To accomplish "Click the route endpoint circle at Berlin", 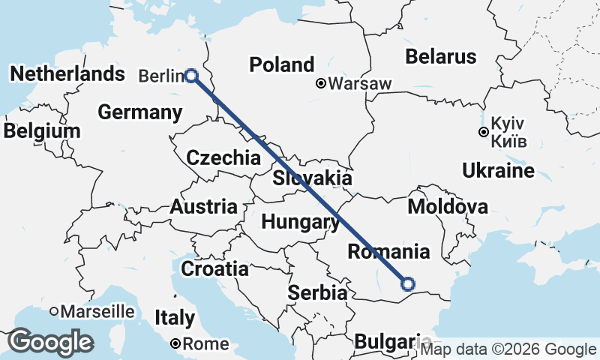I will click(x=191, y=75).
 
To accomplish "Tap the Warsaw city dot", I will click(x=321, y=83).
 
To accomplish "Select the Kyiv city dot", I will click(x=484, y=133).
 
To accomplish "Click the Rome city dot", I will click(x=175, y=343).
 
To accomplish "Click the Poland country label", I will click(x=281, y=64).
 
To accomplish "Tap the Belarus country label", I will click(x=440, y=56).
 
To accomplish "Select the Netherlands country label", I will click(x=67, y=74).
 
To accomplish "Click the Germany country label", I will click(x=140, y=113).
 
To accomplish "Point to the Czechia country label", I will click(x=223, y=158).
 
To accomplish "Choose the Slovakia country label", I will click(x=312, y=178).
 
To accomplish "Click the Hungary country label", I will click(x=300, y=222).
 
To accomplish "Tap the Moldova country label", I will click(x=447, y=206).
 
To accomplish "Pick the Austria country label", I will click(x=203, y=207).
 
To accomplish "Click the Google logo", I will click(x=51, y=342).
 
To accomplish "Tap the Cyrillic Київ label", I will click(x=510, y=141).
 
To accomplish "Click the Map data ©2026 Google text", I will click(x=508, y=349).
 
